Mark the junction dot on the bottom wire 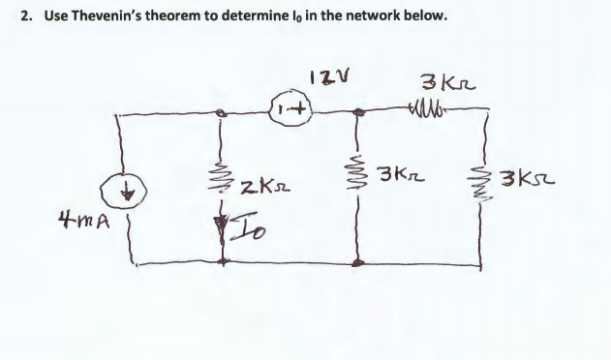click(x=360, y=260)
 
